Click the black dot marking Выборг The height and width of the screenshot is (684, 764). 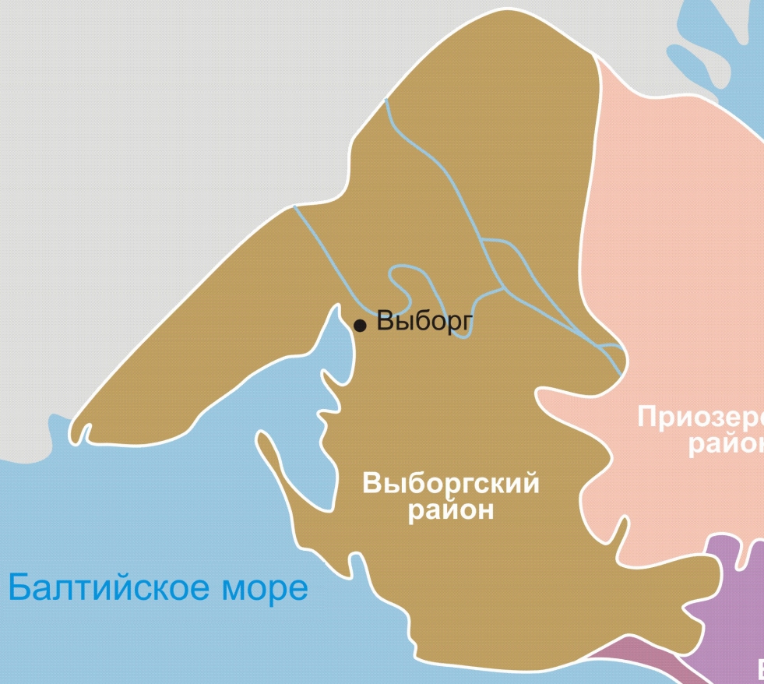[360, 326]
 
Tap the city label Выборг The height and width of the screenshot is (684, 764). [424, 320]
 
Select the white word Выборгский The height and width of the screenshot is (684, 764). [451, 484]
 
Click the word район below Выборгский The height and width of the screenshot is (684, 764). [451, 511]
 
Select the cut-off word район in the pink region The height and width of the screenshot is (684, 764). [724, 444]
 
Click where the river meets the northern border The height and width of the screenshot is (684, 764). [386, 100]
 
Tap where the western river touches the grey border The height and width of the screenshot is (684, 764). [294, 207]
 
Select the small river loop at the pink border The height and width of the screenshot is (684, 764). [611, 354]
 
